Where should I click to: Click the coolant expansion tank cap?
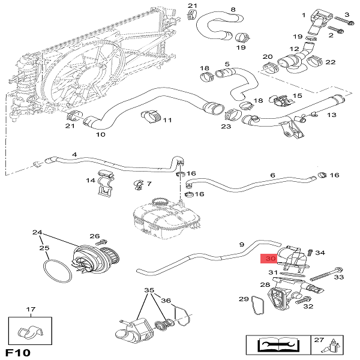(159, 202)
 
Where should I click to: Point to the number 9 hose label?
(241, 244)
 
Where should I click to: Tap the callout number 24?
(37, 232)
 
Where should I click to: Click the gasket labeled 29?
(259, 305)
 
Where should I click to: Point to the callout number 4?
(74, 155)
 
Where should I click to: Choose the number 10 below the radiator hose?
(100, 134)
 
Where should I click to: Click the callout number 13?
(332, 115)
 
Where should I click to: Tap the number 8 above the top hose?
(233, 9)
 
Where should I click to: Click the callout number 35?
(149, 290)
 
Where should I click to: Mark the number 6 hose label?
(272, 175)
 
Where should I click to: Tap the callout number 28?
(265, 284)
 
